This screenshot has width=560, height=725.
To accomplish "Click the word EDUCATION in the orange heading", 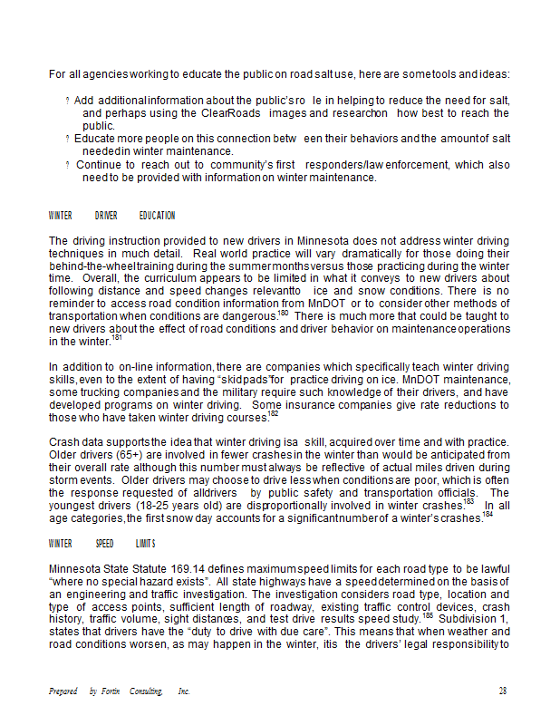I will tap(157, 216).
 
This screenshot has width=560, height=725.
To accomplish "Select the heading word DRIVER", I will tap(106, 216).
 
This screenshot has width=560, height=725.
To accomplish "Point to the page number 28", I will tap(503, 691).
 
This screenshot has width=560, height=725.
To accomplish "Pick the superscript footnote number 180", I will tap(284, 313).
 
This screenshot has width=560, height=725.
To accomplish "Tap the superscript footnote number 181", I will tap(117, 337).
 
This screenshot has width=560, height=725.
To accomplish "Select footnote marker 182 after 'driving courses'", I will tap(273, 413).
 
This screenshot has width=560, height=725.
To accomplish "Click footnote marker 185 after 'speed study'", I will tap(427, 616).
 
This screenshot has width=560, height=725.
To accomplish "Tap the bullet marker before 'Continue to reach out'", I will tap(67, 166).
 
